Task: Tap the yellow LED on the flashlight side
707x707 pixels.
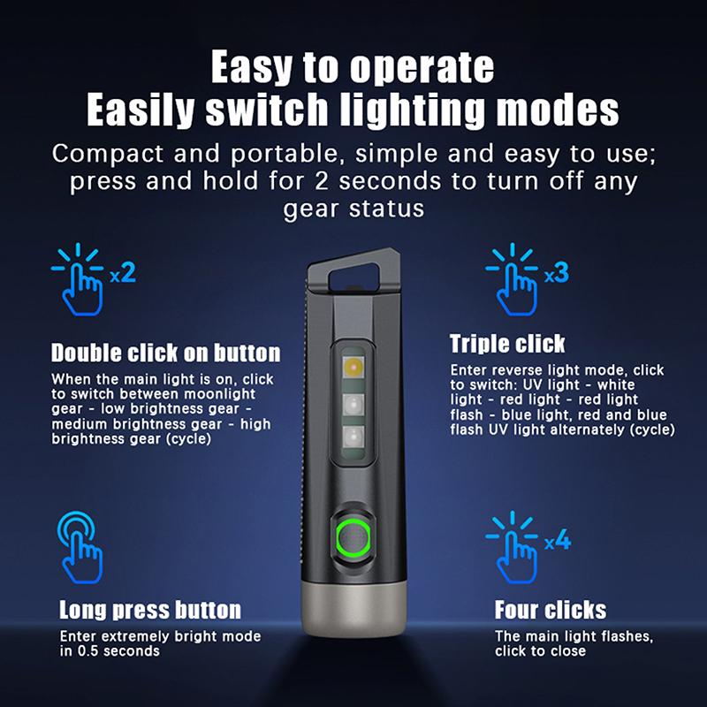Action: point(353,368)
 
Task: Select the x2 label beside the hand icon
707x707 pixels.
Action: point(123,273)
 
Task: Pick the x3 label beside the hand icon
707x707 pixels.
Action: point(557,273)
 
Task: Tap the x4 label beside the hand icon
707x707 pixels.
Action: point(558,540)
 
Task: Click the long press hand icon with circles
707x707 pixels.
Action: point(80,547)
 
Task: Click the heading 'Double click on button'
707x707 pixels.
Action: point(165,353)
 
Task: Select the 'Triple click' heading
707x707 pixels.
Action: point(507,344)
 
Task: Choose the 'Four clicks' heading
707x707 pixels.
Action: point(551,610)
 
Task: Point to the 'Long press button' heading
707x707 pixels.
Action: point(150,610)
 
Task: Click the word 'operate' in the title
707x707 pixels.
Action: point(422,68)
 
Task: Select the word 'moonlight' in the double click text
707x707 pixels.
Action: point(219,394)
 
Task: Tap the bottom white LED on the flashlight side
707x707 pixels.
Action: point(353,437)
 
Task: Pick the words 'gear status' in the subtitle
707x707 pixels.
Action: point(354,209)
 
